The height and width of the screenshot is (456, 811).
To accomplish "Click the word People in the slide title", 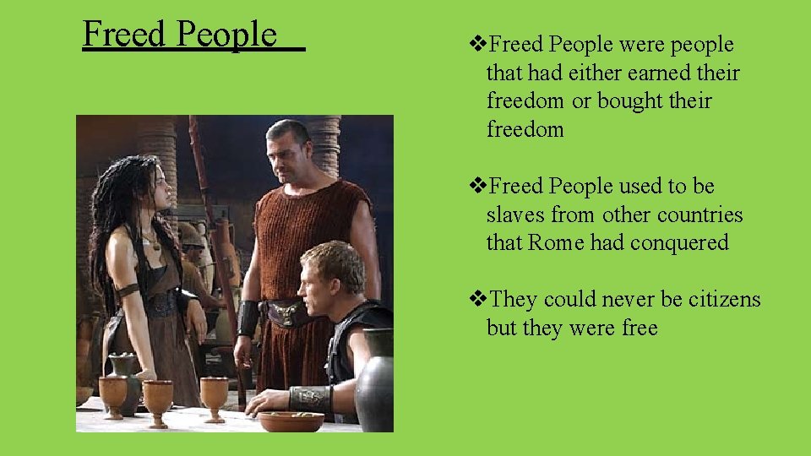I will [227, 35].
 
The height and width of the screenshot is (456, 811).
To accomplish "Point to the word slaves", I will [516, 214].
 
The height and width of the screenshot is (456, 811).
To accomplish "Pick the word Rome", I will [556, 243].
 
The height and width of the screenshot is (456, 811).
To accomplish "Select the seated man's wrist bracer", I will [310, 398].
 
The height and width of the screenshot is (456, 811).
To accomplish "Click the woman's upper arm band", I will [128, 290].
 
